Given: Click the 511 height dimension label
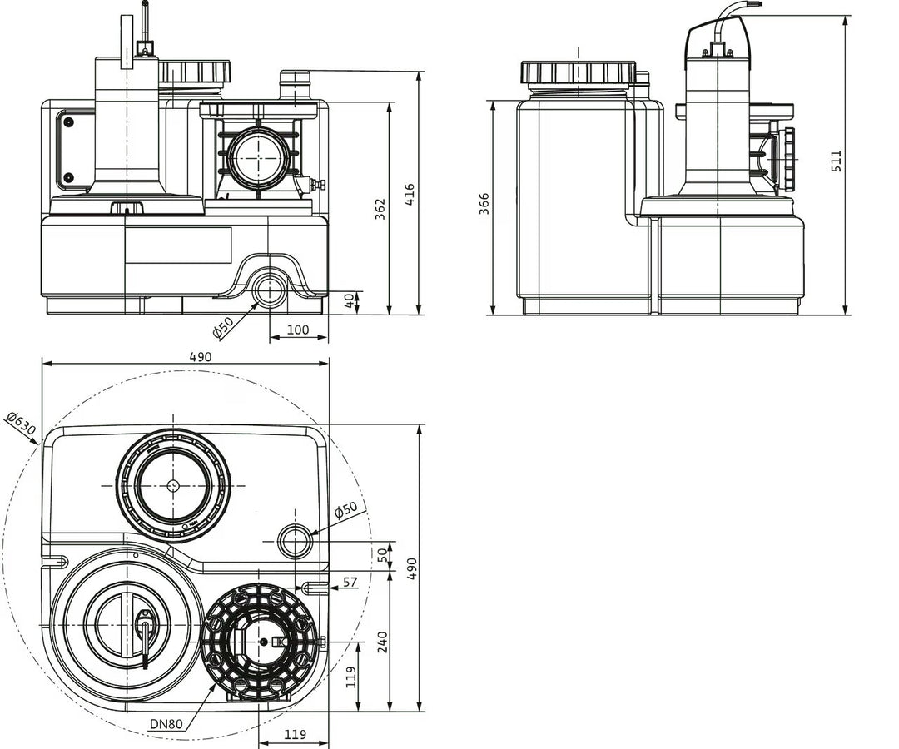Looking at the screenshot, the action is [x=837, y=161].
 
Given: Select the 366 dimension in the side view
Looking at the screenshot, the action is [x=484, y=203].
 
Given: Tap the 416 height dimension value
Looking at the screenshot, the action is [x=409, y=195].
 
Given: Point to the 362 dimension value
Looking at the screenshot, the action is [x=380, y=209].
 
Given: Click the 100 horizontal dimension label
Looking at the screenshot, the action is [x=298, y=330].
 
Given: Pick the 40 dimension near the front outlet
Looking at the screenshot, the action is [x=349, y=301].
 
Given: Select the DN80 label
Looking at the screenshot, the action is [x=166, y=723].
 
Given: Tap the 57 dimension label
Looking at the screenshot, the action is [x=350, y=583].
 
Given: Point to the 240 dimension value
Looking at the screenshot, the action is [x=382, y=642].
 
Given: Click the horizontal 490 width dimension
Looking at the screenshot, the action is [x=200, y=356].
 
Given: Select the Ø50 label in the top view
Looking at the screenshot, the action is [x=345, y=509].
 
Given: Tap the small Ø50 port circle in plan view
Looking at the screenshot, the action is [x=296, y=540].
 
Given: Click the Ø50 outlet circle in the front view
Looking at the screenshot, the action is [x=269, y=288].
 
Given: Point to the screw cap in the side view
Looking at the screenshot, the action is [x=579, y=72].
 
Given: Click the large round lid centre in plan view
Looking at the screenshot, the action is [x=173, y=485].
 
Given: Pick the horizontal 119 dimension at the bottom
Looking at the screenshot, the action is [x=295, y=733].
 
